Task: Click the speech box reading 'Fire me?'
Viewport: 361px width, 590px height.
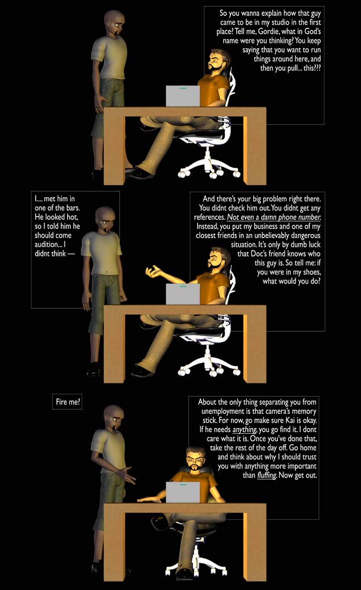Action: point(67,402)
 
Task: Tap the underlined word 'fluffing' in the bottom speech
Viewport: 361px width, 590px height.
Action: point(267,475)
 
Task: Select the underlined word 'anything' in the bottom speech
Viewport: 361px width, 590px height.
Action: point(245,430)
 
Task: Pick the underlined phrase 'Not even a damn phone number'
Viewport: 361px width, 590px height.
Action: point(274,217)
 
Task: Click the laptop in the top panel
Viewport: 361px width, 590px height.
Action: point(183,96)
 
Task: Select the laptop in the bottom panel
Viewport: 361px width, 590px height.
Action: point(183,492)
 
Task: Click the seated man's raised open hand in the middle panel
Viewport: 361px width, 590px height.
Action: point(155,272)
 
